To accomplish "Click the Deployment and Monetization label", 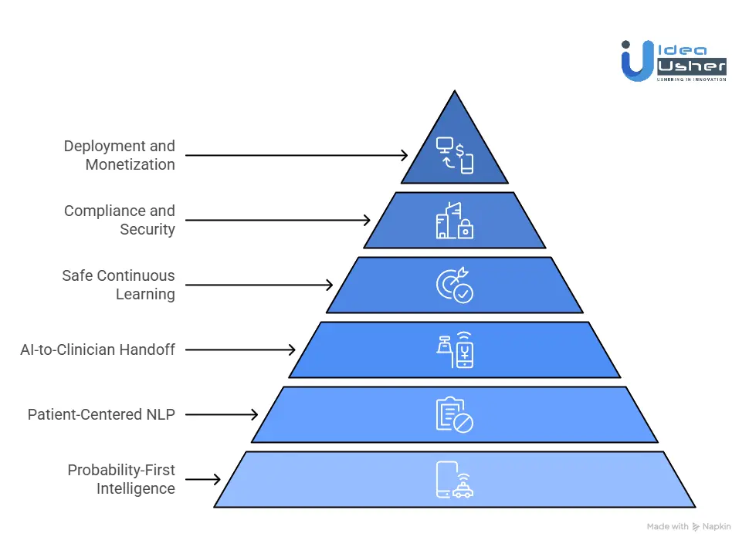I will coord(119,155).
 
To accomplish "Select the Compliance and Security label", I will coord(119,220).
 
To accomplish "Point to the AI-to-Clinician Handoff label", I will coord(97,349).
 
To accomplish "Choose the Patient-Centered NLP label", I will coord(101,414).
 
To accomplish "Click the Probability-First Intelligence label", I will coord(120,479).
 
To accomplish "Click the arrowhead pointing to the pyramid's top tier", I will coord(403,155).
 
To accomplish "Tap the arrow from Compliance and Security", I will coord(278,220).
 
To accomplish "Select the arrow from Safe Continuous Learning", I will coord(259,285).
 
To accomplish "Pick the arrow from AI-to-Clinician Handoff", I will coord(240,349).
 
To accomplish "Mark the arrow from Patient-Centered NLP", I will coord(222,414).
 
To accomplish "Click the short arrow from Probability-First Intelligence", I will coord(203,479).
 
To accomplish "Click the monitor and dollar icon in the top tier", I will coord(454,154).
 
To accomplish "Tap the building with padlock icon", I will coord(454,220).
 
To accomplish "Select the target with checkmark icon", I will coord(454,285).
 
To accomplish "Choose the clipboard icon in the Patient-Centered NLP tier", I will coord(454,414).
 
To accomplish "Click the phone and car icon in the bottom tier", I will coord(454,479).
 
